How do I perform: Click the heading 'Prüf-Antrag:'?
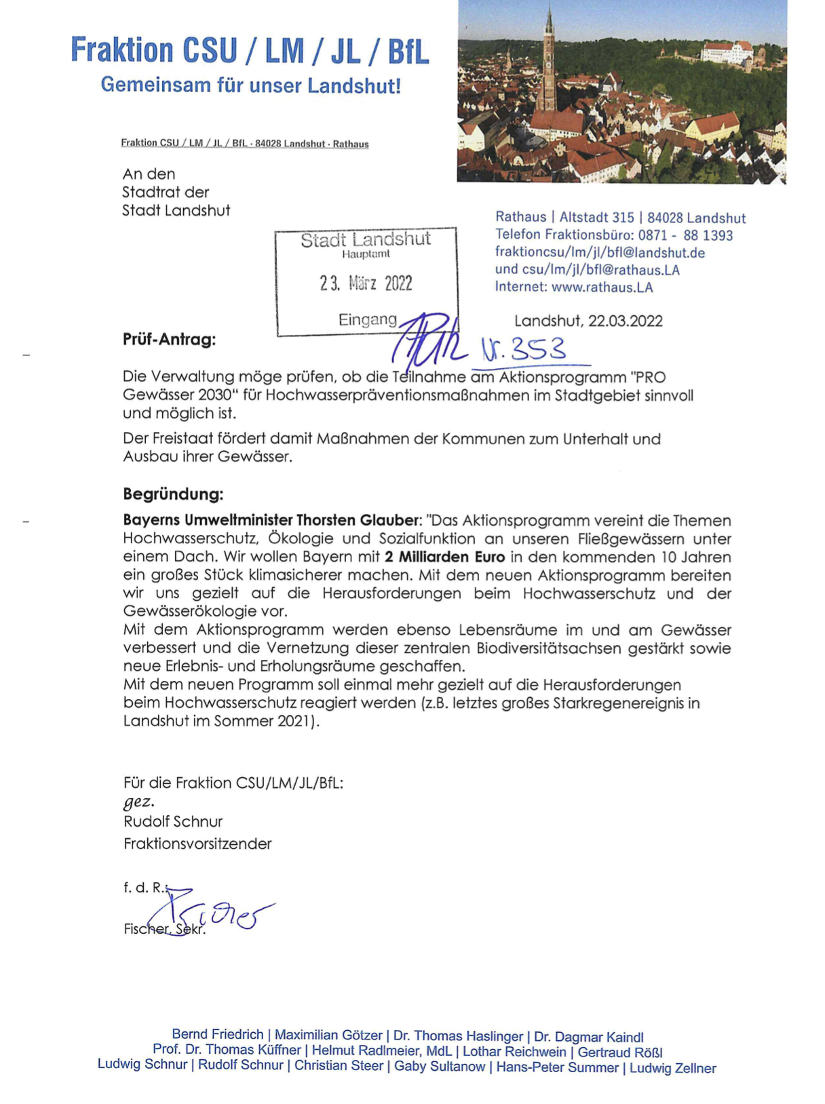(169, 339)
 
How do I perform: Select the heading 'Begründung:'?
(173, 494)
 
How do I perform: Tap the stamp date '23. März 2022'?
(366, 283)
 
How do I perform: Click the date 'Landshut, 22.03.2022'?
(588, 321)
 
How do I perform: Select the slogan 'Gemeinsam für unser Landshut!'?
(250, 85)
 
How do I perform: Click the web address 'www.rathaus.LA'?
(602, 287)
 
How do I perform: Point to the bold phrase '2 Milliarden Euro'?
(444, 557)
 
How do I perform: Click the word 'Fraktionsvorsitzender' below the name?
(197, 844)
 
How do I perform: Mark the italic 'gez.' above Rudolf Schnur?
(138, 802)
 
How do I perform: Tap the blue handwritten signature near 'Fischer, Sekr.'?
(217, 912)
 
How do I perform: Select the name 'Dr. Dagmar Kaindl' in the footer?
(588, 1037)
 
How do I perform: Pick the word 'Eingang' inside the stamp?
(367, 319)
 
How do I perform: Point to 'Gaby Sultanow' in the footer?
(440, 1067)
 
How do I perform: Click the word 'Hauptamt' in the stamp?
(366, 254)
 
